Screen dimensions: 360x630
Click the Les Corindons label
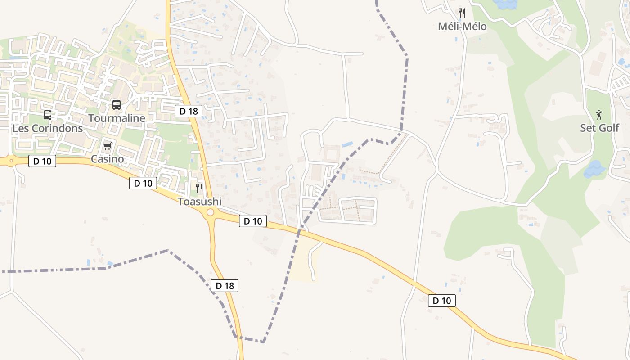[x=48, y=128]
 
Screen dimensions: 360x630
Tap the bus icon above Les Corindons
[x=47, y=115]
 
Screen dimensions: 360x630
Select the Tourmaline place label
[x=117, y=118]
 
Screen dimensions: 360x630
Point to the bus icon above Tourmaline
[x=117, y=105]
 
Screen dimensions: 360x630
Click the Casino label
[x=107, y=159]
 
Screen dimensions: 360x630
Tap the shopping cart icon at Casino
[x=107, y=146]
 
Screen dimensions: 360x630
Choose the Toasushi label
[x=200, y=202]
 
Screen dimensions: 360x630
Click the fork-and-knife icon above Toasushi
[x=199, y=188]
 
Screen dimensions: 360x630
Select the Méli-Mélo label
[x=462, y=27]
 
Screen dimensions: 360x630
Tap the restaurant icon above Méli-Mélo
[x=462, y=13]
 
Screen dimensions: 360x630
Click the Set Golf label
[x=599, y=128]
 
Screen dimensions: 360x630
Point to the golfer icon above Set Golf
[x=599, y=114]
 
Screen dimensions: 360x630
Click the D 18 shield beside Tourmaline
[x=189, y=111]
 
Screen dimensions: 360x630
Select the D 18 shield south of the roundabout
[x=225, y=285]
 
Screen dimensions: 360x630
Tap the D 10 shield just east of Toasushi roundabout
[x=253, y=221]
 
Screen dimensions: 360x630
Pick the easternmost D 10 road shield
[x=442, y=301]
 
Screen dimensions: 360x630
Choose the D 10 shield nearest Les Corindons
[x=42, y=161]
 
